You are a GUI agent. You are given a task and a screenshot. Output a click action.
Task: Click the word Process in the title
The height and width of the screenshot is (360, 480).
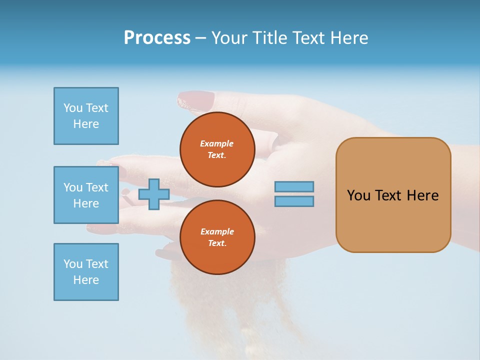click(x=157, y=38)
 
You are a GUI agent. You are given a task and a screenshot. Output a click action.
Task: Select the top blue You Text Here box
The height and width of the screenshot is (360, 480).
click(x=86, y=116)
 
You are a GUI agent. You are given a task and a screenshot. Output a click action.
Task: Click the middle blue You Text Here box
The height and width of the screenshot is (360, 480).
click(x=86, y=195)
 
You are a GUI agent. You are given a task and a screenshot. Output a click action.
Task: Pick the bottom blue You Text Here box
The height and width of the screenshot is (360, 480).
click(x=86, y=272)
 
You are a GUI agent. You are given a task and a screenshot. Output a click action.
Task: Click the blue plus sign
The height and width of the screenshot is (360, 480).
click(x=154, y=194)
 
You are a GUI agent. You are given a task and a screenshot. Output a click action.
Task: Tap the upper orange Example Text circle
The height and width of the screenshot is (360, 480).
click(x=217, y=149)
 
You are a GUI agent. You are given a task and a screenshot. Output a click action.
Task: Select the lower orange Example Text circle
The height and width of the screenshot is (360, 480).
click(x=217, y=237)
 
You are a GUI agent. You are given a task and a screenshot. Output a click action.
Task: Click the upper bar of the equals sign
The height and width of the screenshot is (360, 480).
click(x=294, y=186)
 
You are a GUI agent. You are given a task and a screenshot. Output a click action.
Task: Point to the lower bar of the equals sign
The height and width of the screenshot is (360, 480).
click(x=294, y=201)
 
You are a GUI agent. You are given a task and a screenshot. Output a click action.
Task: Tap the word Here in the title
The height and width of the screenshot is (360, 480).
click(x=348, y=38)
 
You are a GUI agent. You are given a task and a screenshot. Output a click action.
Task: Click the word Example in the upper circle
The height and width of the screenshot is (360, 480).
click(x=217, y=143)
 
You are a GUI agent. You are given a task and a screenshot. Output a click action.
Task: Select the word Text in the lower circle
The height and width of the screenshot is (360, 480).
click(x=217, y=243)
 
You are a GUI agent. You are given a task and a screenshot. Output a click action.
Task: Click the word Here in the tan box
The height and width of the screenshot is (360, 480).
click(x=422, y=195)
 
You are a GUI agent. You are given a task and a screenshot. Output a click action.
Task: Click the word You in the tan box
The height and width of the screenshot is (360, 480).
click(x=359, y=195)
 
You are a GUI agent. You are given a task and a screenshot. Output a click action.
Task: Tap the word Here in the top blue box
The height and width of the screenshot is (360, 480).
click(x=86, y=124)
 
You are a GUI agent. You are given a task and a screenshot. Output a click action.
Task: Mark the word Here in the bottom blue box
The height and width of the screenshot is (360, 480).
click(x=86, y=280)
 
